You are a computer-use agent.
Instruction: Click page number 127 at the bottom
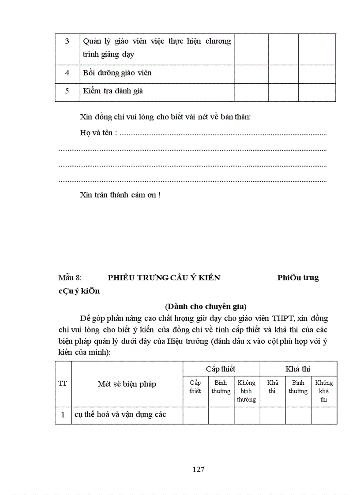pos(198,469)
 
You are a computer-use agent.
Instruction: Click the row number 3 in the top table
pos(67,41)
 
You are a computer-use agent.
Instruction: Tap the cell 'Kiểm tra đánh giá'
pos(112,91)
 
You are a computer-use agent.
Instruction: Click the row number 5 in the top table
pos(67,91)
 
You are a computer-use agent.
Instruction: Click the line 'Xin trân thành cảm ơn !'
pos(120,195)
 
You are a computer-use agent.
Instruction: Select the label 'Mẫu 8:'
pos(70,278)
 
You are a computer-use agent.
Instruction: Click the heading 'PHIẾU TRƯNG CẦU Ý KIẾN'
pos(164,278)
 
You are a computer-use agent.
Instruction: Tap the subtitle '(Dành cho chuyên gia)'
pos(206,306)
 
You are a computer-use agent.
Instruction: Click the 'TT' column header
pos(63,383)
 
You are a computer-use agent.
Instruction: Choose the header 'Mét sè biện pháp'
pos(127,384)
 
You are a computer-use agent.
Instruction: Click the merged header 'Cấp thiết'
pos(221,369)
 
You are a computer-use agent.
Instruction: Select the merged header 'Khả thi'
pos(298,369)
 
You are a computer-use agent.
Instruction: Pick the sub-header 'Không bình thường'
pos(246,391)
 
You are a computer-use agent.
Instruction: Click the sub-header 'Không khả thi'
pos(324,391)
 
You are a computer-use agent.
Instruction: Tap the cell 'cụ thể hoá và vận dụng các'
pos(120,415)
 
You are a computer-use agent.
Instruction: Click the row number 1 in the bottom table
pos(63,415)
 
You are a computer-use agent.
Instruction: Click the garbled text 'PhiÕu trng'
pos(298,278)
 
